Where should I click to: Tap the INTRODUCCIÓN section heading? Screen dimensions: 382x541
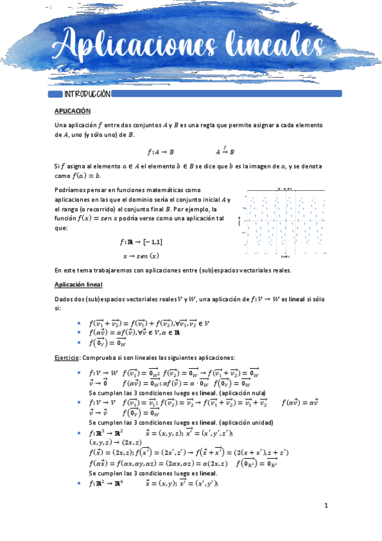coord(87,94)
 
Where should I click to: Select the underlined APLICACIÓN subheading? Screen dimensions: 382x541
coord(72,111)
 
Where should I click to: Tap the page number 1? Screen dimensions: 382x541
coord(325,506)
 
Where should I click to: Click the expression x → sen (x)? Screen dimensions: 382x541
coord(140,256)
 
